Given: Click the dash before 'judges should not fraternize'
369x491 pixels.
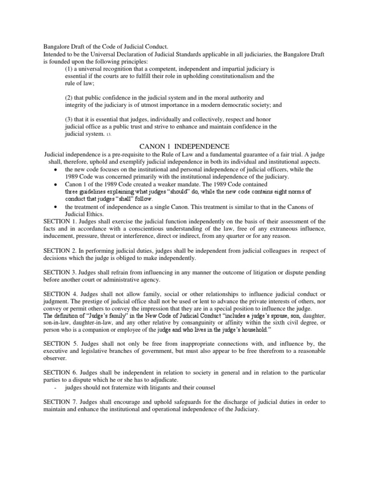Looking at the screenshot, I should [57, 387].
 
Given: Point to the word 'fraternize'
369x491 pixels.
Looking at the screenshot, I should [126, 387].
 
